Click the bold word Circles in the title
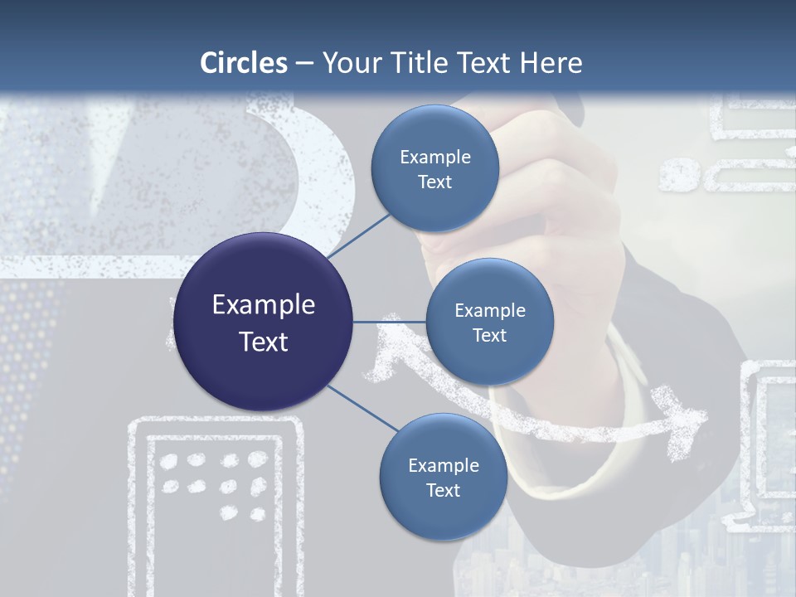244,63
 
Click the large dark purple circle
263,322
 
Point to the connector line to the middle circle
390,322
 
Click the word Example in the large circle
264,305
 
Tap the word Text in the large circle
264,342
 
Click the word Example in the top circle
435,158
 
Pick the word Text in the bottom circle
443,491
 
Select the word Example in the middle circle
490,311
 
